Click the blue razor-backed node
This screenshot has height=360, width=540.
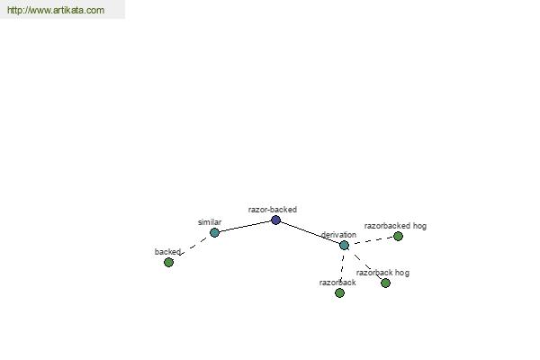pyautogui.click(x=275, y=220)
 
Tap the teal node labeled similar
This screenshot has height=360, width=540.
pyautogui.click(x=214, y=232)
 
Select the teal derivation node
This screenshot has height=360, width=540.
pyautogui.click(x=344, y=246)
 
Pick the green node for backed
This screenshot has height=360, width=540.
pyautogui.click(x=168, y=263)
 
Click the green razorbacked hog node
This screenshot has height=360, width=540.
pyautogui.click(x=398, y=237)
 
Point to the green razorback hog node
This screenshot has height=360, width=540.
pyautogui.click(x=386, y=283)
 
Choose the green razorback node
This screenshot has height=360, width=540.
pyautogui.click(x=339, y=292)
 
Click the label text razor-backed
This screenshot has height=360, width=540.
pyautogui.click(x=273, y=210)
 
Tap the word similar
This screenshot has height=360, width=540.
pyautogui.click(x=210, y=222)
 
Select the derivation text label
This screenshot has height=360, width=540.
pyautogui.click(x=339, y=235)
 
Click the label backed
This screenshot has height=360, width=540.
pyautogui.click(x=167, y=252)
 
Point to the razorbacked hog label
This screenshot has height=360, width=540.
pyautogui.click(x=395, y=226)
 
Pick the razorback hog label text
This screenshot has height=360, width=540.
pyautogui.click(x=382, y=273)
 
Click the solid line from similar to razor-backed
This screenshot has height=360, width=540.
pyautogui.click(x=245, y=226)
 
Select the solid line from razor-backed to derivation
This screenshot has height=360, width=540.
pyautogui.click(x=310, y=232)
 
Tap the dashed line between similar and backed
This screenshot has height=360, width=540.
pyautogui.click(x=193, y=247)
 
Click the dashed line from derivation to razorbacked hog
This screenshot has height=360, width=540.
pyautogui.click(x=371, y=241)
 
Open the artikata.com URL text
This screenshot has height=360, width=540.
pyautogui.click(x=56, y=10)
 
